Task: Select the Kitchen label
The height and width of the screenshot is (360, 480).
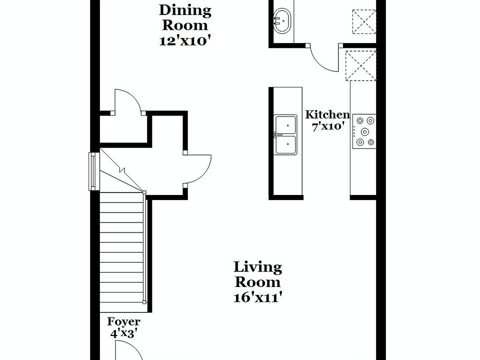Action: tap(327, 114)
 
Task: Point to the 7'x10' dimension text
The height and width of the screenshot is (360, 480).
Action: tap(328, 126)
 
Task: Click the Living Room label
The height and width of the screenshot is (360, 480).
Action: tap(258, 274)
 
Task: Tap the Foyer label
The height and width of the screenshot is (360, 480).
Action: tap(123, 321)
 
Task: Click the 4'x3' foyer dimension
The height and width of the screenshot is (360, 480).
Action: tap(123, 333)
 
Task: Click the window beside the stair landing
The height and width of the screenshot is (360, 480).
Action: tap(93, 171)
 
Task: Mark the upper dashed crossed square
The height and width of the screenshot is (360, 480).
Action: tap(364, 21)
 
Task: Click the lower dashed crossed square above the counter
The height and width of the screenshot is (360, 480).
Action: tap(361, 65)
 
